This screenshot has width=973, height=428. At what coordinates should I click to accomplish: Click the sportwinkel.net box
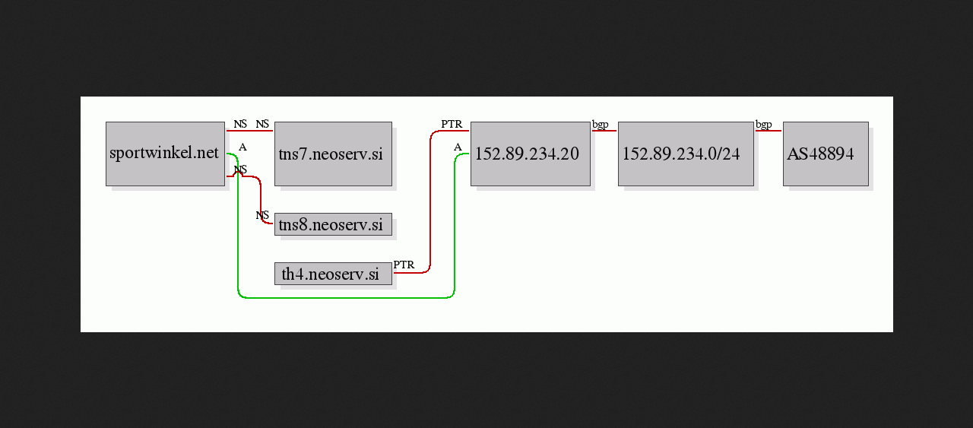[x=165, y=154]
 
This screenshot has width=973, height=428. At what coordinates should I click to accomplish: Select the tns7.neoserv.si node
[x=333, y=154]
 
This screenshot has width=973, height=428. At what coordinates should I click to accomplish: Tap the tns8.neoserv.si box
[x=333, y=224]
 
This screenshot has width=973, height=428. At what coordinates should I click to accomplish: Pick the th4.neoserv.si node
[x=333, y=274]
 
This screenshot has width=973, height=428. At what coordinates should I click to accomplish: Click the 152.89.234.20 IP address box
[x=531, y=154]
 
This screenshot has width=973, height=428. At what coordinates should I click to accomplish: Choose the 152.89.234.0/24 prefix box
[x=686, y=154]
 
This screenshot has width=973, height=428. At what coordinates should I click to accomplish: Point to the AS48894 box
[x=826, y=154]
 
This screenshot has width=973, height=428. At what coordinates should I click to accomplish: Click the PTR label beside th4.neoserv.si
[x=404, y=265]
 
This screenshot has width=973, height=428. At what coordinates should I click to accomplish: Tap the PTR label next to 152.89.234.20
[x=452, y=124]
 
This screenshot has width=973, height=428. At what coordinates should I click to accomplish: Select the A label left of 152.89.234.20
[x=458, y=147]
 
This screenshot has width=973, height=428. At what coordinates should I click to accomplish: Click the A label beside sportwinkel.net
[x=242, y=147]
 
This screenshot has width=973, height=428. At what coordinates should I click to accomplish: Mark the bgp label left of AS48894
[x=764, y=125]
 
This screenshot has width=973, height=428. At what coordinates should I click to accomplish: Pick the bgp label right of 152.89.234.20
[x=601, y=125]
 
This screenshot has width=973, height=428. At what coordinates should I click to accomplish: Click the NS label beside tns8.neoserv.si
[x=262, y=215]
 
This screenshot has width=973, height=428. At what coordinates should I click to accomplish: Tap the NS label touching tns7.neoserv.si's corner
[x=262, y=124]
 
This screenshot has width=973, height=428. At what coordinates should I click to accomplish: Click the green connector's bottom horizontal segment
[x=346, y=298]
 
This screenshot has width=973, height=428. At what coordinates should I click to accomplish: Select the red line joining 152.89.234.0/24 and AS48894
[x=769, y=130]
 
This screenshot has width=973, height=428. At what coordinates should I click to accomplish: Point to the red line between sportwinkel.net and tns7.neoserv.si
[x=250, y=130]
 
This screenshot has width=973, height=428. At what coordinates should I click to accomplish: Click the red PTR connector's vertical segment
[x=430, y=201]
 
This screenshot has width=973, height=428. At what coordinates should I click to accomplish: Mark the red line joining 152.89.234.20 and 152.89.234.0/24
[x=604, y=130]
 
